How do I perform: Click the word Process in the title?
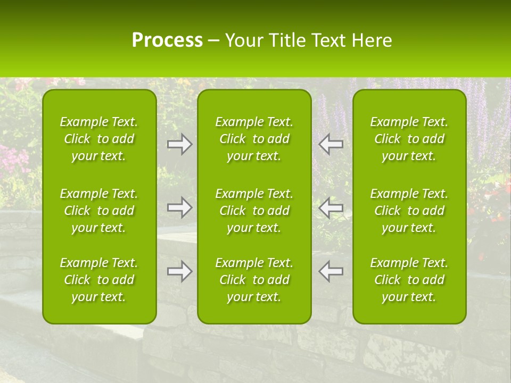coord(167,40)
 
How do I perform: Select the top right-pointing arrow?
coord(179,144)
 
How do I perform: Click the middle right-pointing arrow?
coord(179,207)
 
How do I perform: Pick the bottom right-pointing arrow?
coord(179,271)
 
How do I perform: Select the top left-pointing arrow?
coord(331,144)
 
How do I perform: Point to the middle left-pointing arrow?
coord(331,207)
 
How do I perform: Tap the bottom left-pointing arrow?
coord(331,271)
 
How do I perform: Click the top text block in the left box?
coord(99,139)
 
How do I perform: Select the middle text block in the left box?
coord(99,211)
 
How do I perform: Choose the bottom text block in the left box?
coord(99,280)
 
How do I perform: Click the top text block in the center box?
coord(254,139)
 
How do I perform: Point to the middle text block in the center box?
coord(254,211)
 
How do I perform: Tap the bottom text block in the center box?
coord(254,280)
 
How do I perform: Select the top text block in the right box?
coord(409,139)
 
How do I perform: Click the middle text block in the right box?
coord(409,211)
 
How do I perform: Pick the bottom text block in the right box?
coord(409,280)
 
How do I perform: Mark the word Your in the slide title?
coord(244,40)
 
